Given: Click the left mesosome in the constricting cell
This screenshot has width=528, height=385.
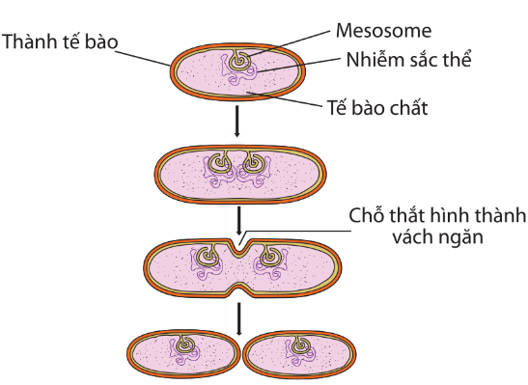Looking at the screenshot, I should pyautogui.click(x=206, y=257).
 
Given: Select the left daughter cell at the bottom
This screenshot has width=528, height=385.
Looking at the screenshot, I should pyautogui.click(x=183, y=356).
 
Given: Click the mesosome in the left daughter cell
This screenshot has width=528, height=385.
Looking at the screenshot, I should pyautogui.click(x=183, y=344).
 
